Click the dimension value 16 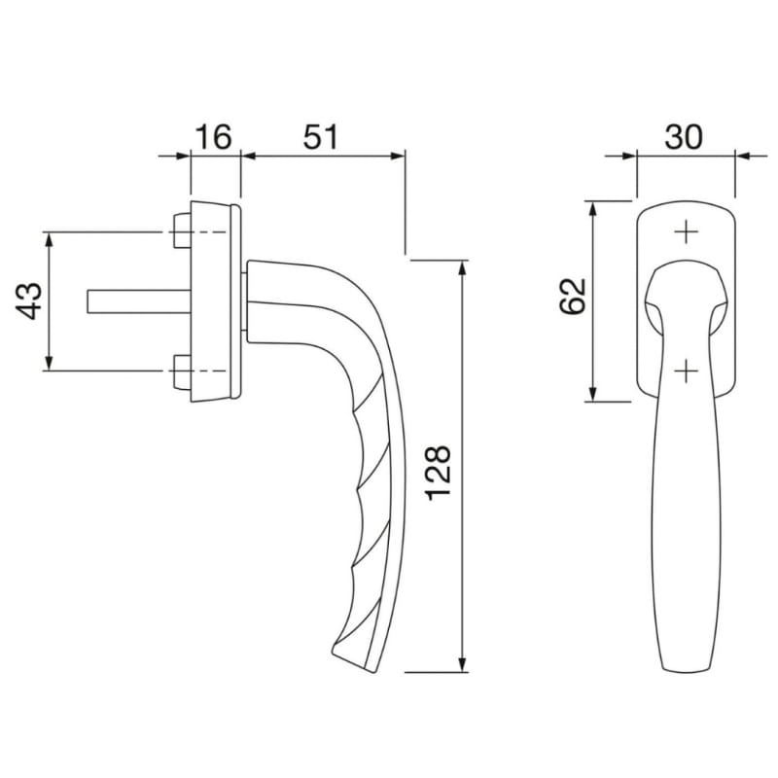pos(213,137)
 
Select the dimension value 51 pos(321,137)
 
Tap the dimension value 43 pos(29,301)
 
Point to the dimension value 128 pos(439,473)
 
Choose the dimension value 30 pos(684,137)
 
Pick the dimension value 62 pos(573,297)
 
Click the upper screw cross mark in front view pos(686,231)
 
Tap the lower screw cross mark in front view pos(686,371)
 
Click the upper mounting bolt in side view pos(182,230)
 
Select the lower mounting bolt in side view pos(182,371)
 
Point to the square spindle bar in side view pos(139,301)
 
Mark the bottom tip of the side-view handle pos(373,672)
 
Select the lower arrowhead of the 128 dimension pos(463,664)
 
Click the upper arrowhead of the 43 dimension pos(49,239)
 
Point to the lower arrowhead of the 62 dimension pos(592,394)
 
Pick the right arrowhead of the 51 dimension pos(398,156)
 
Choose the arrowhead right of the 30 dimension pos(743,156)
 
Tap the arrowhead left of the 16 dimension pos(183,156)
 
